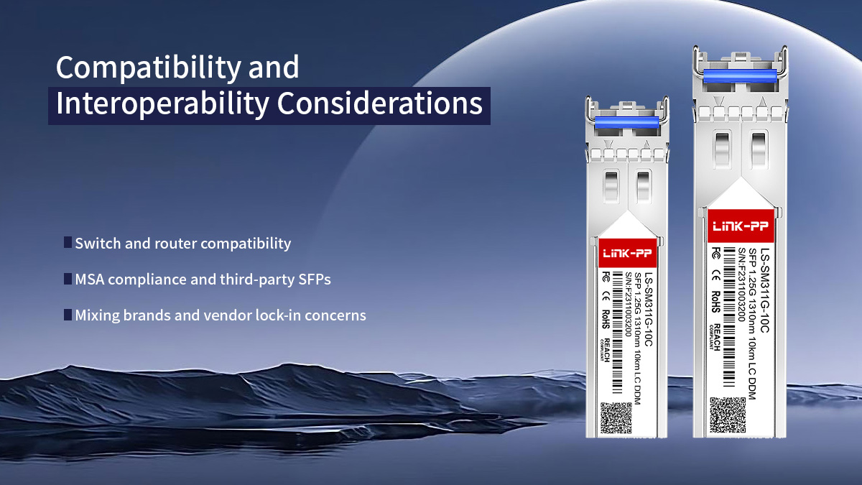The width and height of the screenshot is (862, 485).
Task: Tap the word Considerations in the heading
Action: click(x=380, y=103)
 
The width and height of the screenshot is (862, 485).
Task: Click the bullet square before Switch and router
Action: click(x=68, y=242)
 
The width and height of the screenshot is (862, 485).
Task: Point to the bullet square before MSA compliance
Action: click(x=68, y=278)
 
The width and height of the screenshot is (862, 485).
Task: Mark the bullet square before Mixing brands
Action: click(x=68, y=314)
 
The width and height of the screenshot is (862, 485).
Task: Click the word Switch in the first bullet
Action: click(x=98, y=244)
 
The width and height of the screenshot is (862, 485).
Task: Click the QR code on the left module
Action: click(x=616, y=417)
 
